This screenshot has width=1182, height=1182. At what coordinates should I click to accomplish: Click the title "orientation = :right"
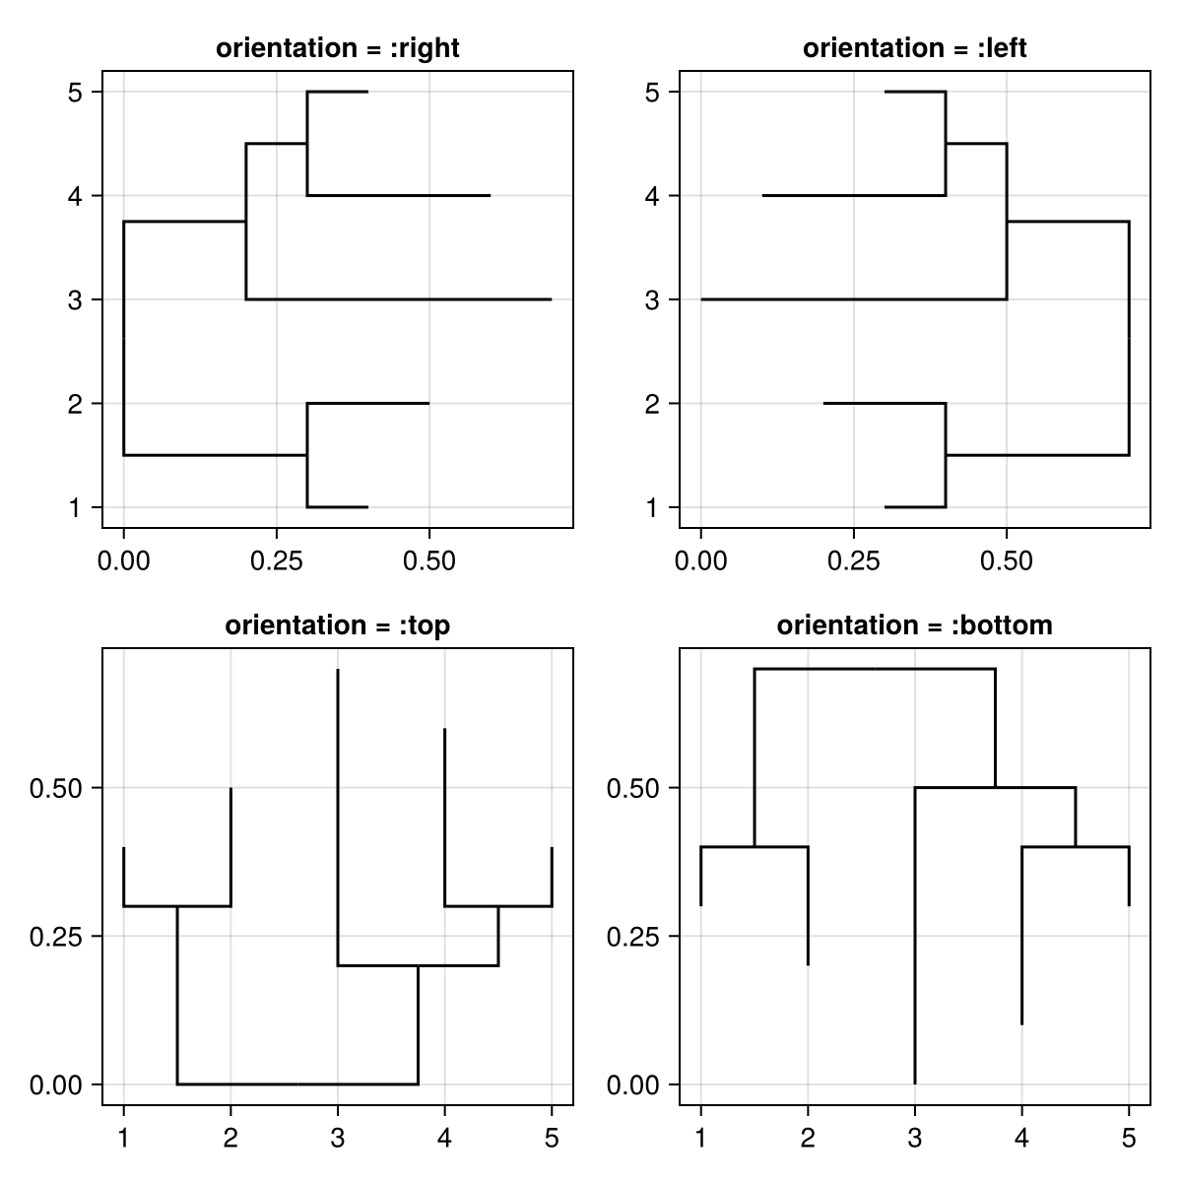[x=337, y=48]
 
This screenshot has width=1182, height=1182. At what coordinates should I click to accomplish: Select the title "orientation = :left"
[x=914, y=48]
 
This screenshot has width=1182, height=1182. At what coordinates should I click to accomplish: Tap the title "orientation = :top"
[x=337, y=625]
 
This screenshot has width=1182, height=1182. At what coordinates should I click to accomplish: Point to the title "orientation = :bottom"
[x=914, y=625]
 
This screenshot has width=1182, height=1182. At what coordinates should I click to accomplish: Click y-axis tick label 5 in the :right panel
[x=75, y=93]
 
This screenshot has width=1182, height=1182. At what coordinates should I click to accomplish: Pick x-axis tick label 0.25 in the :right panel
[x=276, y=561]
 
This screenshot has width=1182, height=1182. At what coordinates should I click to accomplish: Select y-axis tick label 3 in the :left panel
[x=652, y=300]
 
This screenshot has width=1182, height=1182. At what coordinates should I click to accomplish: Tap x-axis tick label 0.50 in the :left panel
[x=1007, y=561]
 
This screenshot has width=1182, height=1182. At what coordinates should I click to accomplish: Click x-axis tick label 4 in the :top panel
[x=444, y=1139]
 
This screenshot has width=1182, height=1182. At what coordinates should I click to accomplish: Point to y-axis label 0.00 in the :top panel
[x=55, y=1085]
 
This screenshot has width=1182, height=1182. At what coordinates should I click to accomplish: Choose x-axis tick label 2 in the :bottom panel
[x=808, y=1139]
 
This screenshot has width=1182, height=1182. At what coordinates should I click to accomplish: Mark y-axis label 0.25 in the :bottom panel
[x=632, y=937]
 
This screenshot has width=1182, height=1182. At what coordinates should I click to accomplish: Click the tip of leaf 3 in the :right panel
[x=552, y=299]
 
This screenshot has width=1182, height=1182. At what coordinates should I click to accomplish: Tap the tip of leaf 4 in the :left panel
[x=762, y=196]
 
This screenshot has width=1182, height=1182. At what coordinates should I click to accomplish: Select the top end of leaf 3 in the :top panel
[x=338, y=670]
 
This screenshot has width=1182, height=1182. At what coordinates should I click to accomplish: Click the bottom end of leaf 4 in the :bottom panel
[x=1021, y=1024]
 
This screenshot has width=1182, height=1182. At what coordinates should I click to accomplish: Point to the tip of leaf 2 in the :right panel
[x=429, y=403]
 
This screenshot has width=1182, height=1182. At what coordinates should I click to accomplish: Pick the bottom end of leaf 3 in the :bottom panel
[x=915, y=1083]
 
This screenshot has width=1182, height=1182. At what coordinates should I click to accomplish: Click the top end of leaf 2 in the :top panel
[x=230, y=788]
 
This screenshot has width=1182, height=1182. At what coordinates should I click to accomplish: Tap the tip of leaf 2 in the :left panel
[x=823, y=403]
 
